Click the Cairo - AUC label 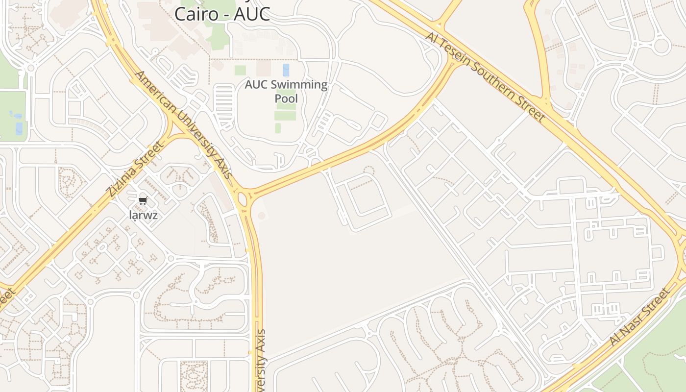click(x=222, y=14)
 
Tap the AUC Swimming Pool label click(x=286, y=91)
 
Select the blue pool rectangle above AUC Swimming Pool click(x=286, y=70)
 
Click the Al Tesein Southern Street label click(x=485, y=77)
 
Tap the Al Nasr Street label click(x=639, y=317)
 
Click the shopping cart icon click(x=143, y=200)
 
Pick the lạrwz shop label click(x=143, y=215)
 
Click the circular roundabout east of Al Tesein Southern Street click(x=661, y=46)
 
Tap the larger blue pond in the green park click(x=19, y=128)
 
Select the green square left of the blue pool click(x=240, y=70)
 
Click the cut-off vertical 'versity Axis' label click(x=261, y=360)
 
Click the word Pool click(x=286, y=98)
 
